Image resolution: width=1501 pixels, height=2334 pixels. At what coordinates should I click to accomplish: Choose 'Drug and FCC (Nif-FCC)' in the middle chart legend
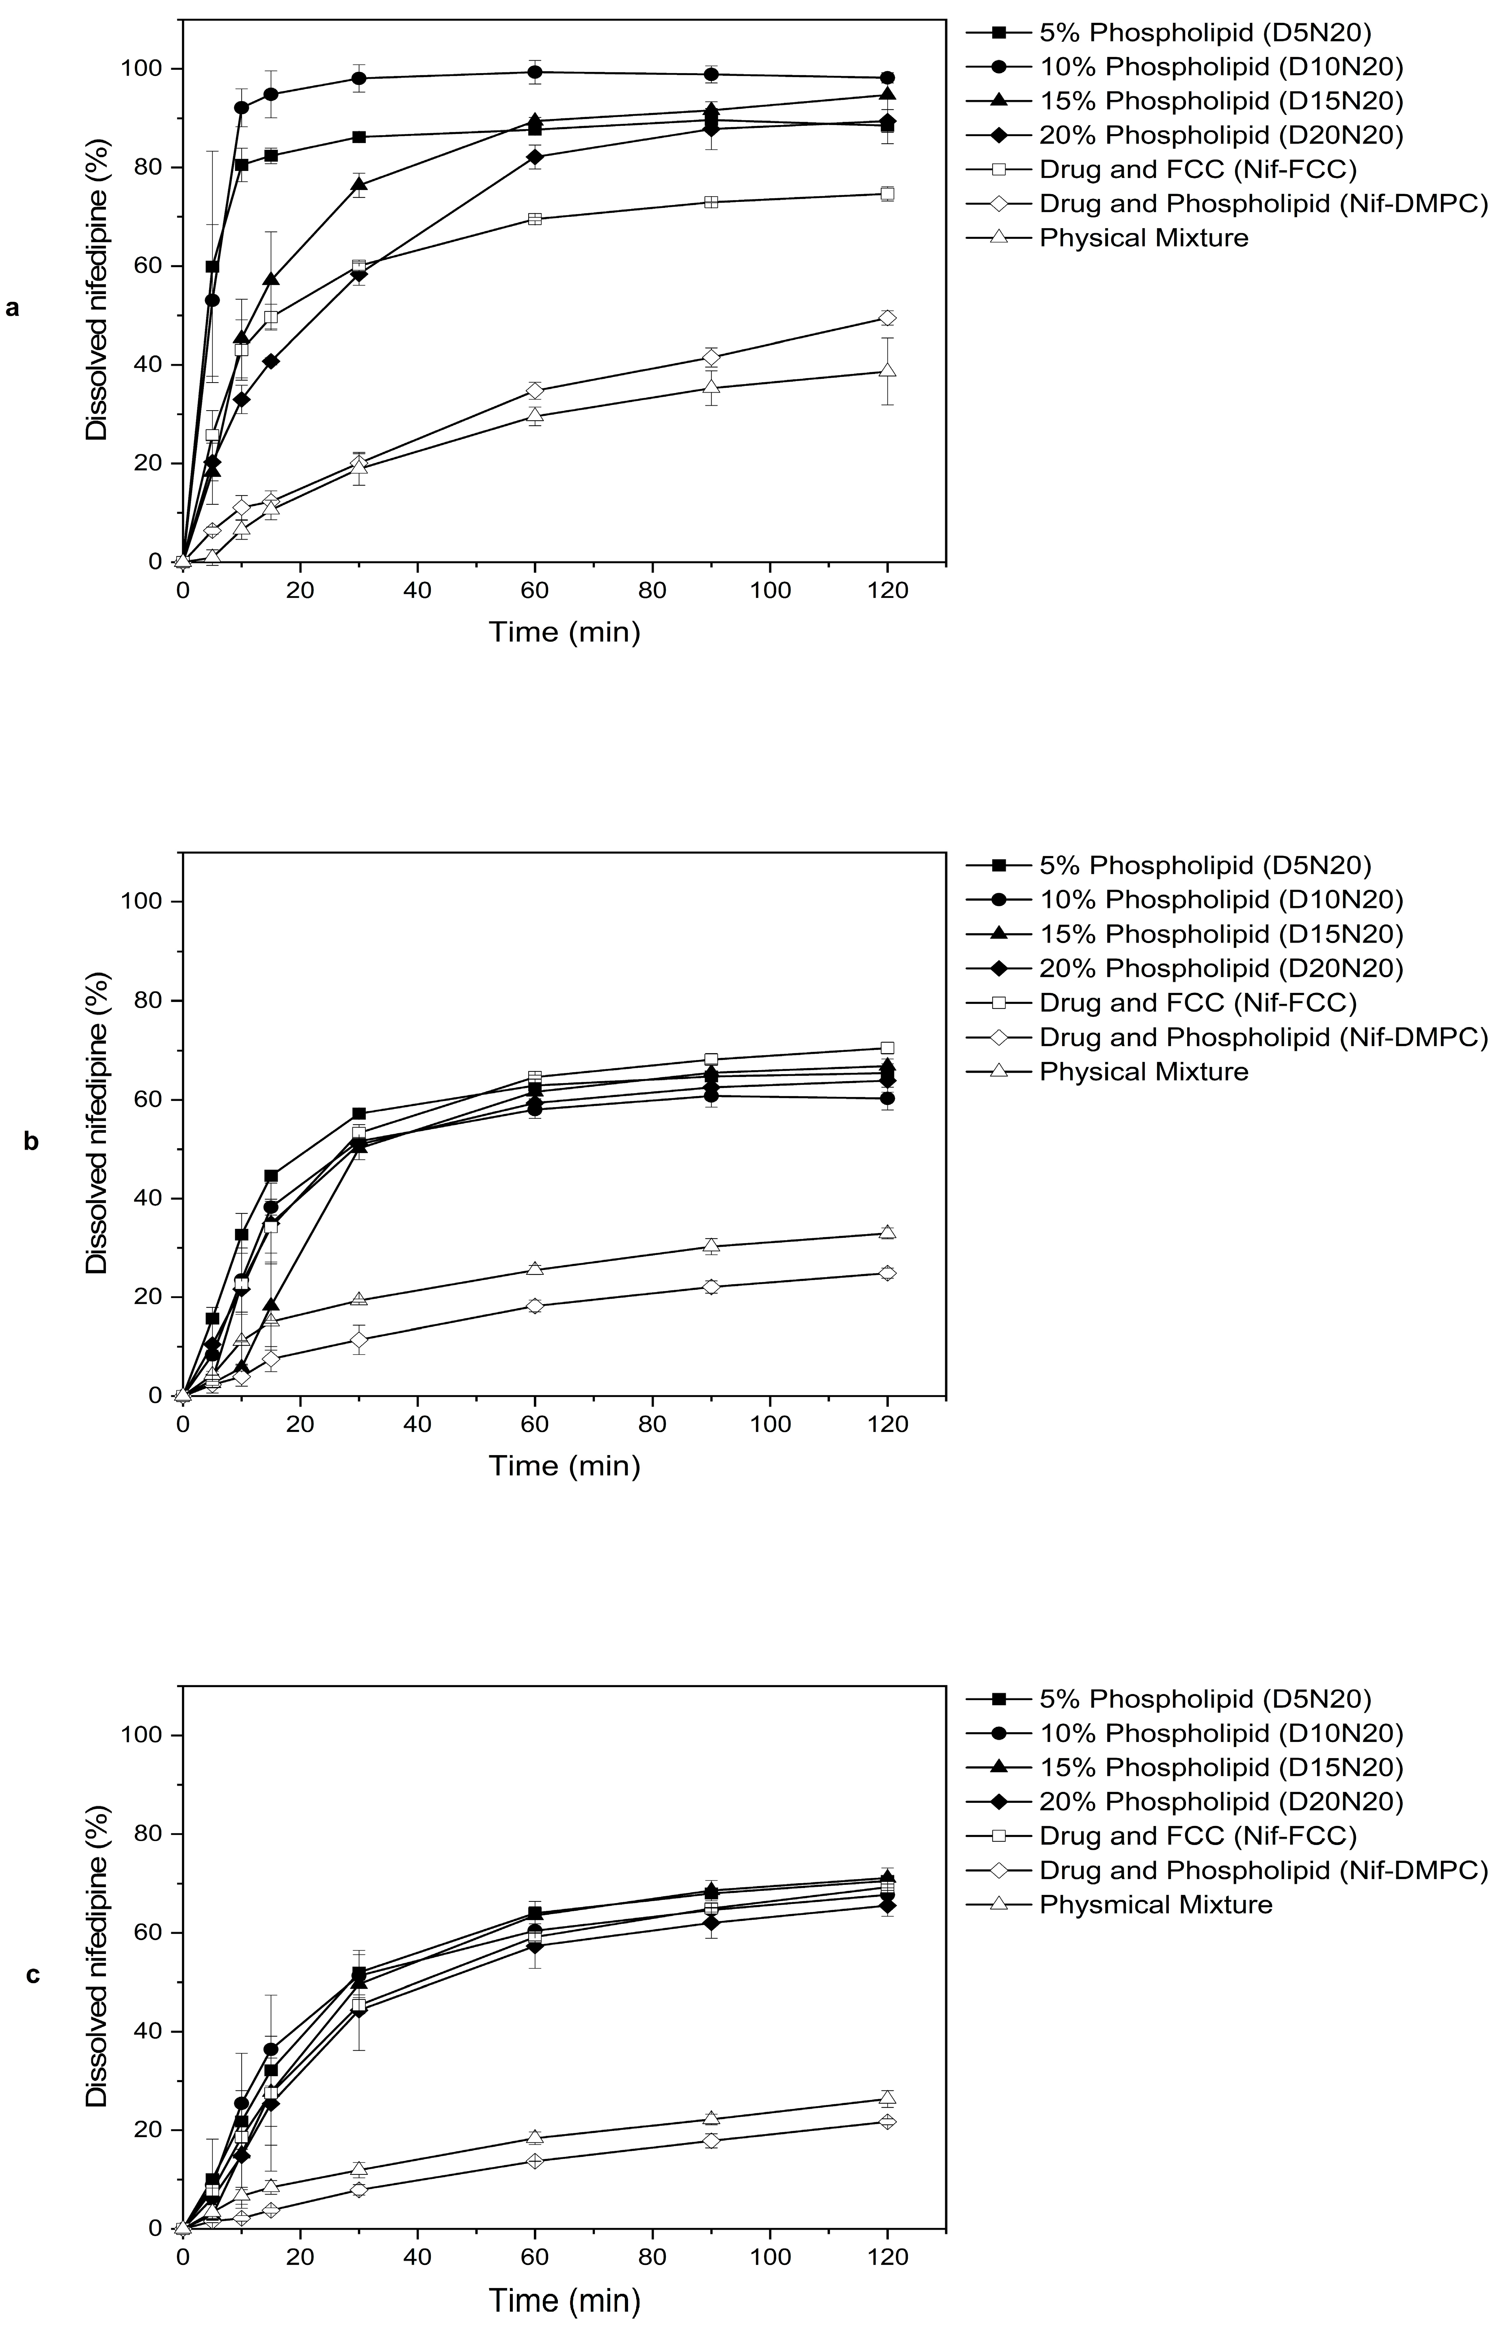coord(1198,1002)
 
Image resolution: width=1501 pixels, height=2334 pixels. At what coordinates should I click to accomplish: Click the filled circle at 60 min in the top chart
coord(535,72)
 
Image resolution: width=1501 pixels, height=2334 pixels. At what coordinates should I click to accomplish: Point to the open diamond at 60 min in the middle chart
coord(535,1305)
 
